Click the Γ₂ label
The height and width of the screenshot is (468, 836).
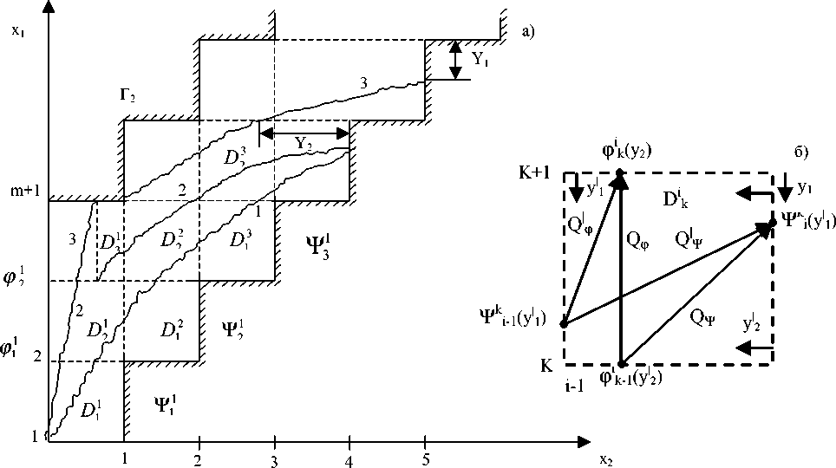point(128,94)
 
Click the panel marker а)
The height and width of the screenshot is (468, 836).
point(528,32)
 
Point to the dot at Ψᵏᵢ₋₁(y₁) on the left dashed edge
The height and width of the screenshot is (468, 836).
point(564,324)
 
